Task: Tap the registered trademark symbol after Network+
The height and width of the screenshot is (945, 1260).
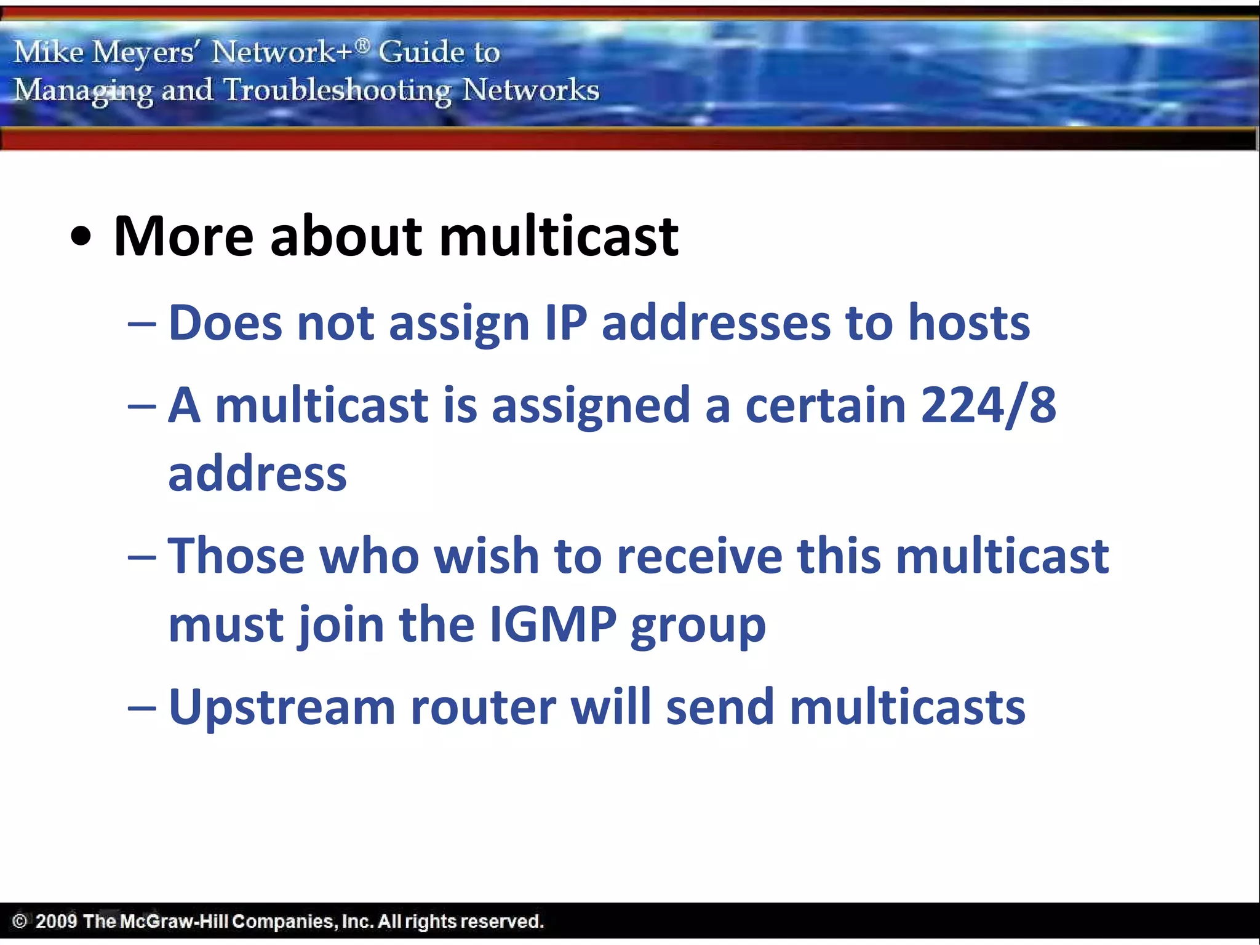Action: [363, 44]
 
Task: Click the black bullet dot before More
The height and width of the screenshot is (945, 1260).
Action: [81, 237]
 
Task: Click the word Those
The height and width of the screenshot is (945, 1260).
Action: [236, 556]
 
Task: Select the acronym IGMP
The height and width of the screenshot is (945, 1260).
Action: [553, 624]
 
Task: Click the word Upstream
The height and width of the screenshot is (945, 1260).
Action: [282, 708]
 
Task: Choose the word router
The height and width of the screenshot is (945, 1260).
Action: [483, 708]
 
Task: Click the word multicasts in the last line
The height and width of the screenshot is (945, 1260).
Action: [907, 708]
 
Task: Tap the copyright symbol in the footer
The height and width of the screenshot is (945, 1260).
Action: [20, 921]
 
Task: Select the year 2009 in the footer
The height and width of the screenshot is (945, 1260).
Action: [56, 921]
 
